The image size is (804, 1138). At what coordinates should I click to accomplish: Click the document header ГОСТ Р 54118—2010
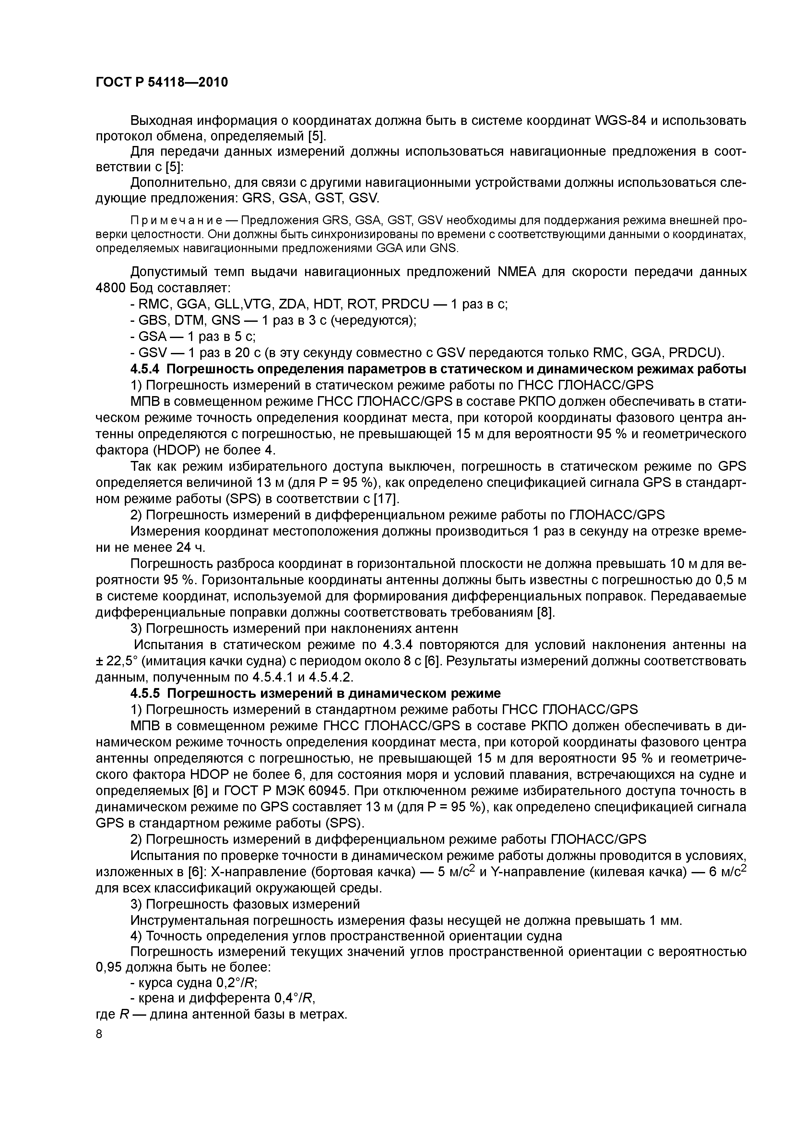click(161, 82)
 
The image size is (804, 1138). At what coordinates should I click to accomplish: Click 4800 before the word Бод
click(111, 288)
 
